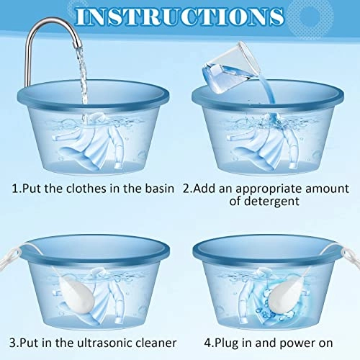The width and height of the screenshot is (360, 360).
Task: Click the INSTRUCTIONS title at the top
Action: (x=180, y=17)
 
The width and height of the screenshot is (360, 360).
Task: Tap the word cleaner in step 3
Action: (x=156, y=343)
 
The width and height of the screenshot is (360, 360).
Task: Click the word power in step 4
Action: (x=297, y=343)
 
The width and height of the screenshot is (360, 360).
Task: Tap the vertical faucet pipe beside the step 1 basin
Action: (x=28, y=65)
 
